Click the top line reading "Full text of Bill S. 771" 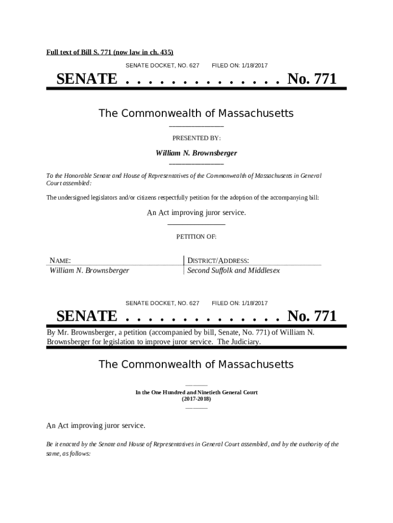pos(110,52)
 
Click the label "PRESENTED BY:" pos(196,138)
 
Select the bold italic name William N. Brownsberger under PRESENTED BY pos(196,153)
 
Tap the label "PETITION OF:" pos(196,237)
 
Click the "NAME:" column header pos(60,261)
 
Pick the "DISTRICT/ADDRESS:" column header pos(218,261)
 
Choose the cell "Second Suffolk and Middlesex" pos(233,271)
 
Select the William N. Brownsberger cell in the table pos(89,271)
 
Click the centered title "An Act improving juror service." pos(196,212)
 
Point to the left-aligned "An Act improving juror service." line pos(96,425)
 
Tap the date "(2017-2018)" pos(196,399)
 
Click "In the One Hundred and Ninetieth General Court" pos(196,392)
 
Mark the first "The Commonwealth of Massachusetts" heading pos(196,113)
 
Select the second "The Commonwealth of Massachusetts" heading pos(196,364)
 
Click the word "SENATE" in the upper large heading pos(86,79)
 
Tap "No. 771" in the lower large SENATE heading pos(312,316)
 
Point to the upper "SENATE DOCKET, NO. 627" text pos(162,66)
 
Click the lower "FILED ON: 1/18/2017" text pos(239,303)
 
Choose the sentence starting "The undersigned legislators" pos(183,198)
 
